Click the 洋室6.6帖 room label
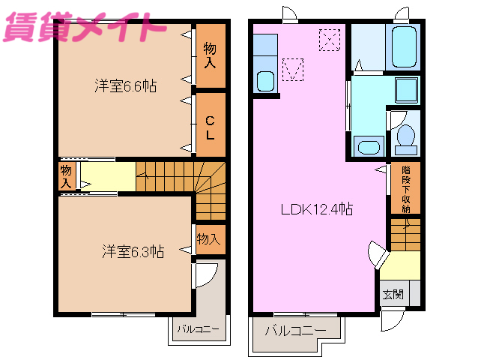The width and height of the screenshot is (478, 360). (x=125, y=86)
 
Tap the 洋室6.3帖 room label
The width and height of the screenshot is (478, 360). (x=133, y=252)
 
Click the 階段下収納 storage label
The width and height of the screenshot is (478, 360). (x=405, y=188)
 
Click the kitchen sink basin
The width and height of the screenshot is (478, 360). (x=265, y=80)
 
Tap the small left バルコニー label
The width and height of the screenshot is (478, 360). (x=197, y=328)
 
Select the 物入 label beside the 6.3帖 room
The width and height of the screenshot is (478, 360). (x=208, y=239)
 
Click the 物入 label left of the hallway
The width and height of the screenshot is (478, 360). (x=67, y=177)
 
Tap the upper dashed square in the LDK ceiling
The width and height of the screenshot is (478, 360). (x=328, y=39)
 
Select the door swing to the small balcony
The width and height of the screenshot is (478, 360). (x=206, y=274)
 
